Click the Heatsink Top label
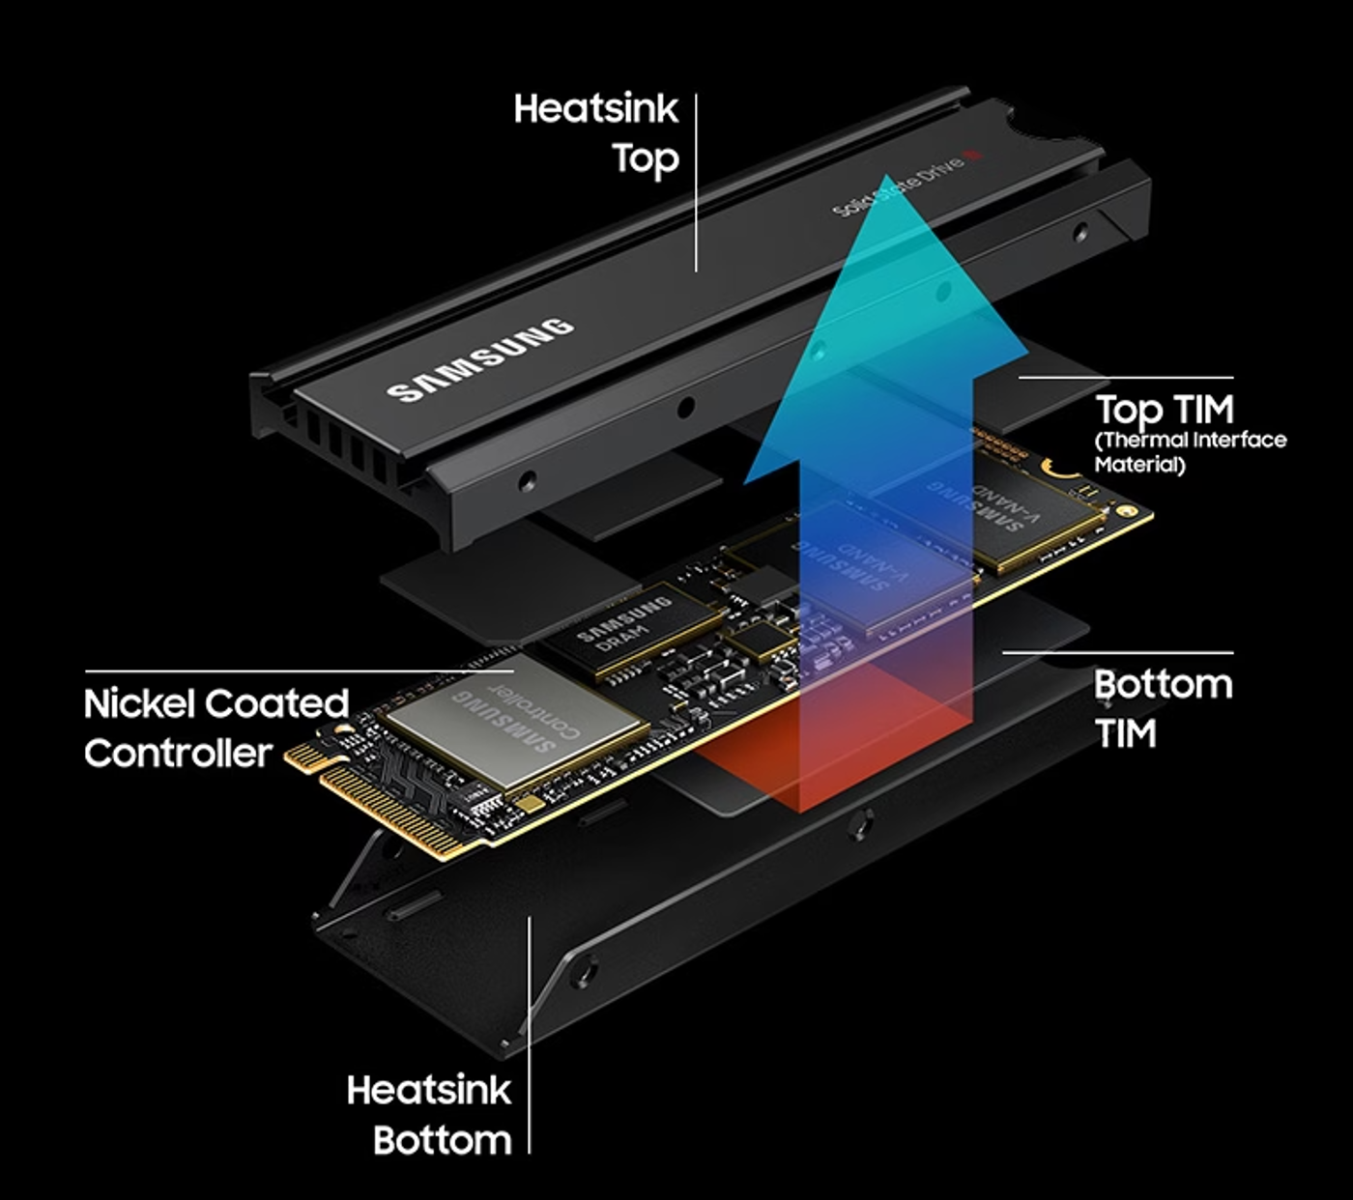[596, 133]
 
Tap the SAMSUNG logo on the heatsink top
[480, 359]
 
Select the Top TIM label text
[1165, 410]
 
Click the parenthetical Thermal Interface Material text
[1190, 452]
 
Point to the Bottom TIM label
[1163, 708]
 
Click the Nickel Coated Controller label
[216, 728]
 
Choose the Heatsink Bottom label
[429, 1114]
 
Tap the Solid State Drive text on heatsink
[898, 184]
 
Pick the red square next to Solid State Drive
[975, 154]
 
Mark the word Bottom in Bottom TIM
[1163, 685]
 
